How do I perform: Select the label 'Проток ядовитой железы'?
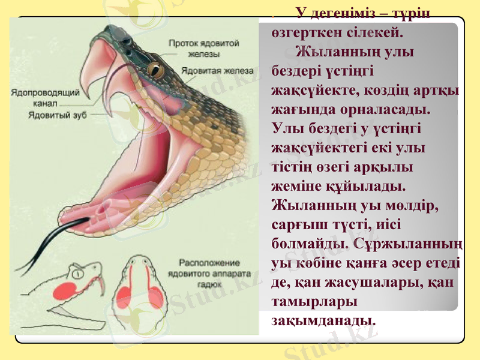(x=203, y=48)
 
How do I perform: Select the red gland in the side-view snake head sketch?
(x=65, y=291)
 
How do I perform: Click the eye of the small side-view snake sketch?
(x=76, y=274)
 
